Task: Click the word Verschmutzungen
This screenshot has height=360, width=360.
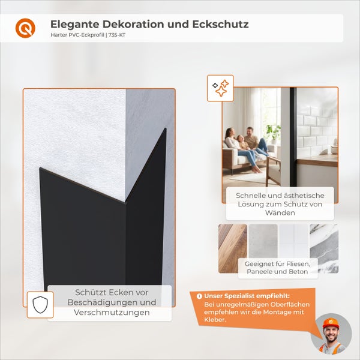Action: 112,313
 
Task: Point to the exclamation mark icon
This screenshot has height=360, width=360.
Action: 199,296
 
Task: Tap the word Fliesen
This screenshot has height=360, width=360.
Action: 293,263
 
